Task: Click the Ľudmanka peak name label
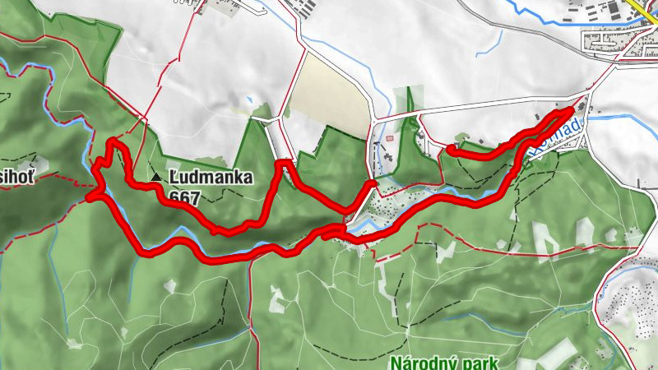(x=211, y=177)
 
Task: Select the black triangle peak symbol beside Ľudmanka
(x=156, y=176)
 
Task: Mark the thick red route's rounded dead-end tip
(x=451, y=149)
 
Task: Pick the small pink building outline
(x=388, y=139)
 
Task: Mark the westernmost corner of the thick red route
(x=89, y=196)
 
